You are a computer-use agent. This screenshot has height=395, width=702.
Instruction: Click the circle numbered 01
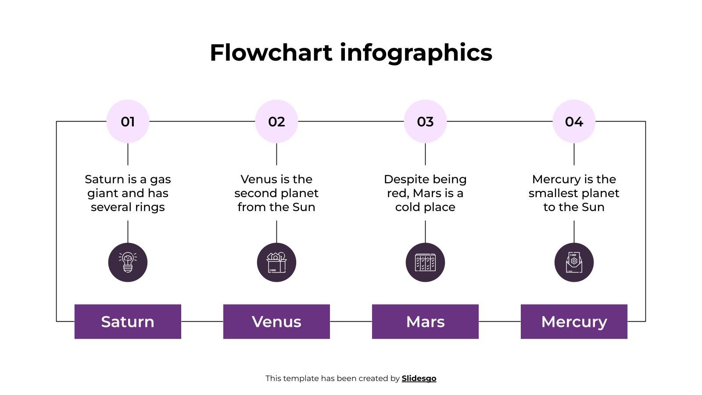[128, 121]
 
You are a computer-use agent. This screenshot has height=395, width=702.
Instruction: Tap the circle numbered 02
[276, 121]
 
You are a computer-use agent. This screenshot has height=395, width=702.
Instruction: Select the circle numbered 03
[425, 121]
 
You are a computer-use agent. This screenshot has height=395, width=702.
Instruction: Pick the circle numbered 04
[574, 121]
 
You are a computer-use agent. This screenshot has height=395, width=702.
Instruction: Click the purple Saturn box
[128, 321]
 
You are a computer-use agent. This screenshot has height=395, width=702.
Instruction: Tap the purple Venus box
[276, 321]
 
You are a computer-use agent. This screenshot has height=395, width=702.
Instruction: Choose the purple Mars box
[425, 321]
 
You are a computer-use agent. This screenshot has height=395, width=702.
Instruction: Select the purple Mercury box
[574, 321]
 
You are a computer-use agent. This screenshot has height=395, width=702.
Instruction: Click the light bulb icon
[128, 262]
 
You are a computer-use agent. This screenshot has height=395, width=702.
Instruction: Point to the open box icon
[276, 262]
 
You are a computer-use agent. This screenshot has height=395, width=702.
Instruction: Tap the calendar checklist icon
[425, 262]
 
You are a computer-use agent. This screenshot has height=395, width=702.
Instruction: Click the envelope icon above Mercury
[574, 262]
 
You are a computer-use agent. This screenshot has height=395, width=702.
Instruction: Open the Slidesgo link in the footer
[419, 378]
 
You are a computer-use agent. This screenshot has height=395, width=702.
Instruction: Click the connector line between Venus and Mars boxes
[351, 321]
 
